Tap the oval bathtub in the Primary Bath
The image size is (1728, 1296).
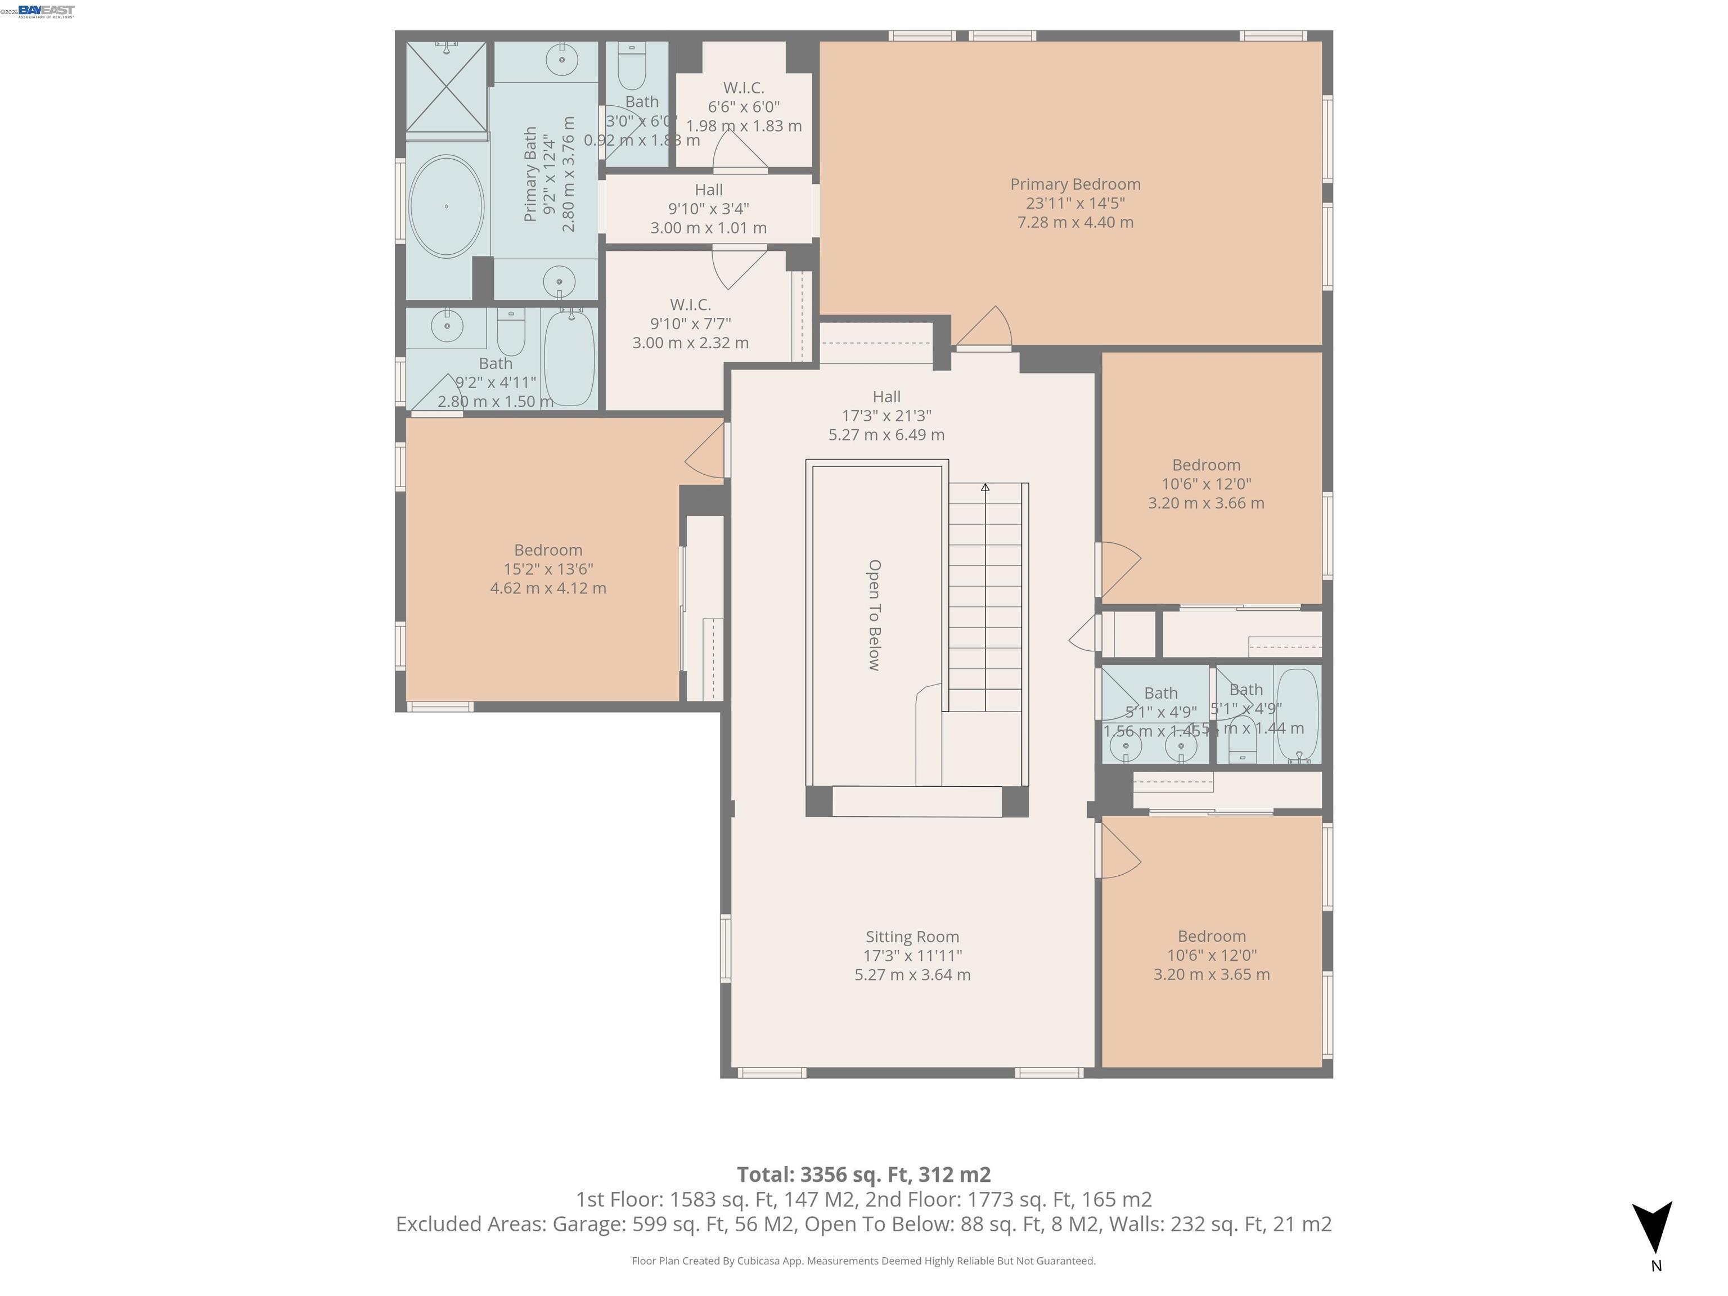(446, 206)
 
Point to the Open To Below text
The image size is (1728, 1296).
(875, 615)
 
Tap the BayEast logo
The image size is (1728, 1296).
(46, 11)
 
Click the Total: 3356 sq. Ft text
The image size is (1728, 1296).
(863, 1174)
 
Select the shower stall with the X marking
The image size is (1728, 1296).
(446, 87)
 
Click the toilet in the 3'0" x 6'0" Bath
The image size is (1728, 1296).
(632, 67)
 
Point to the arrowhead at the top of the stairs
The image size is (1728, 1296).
(985, 488)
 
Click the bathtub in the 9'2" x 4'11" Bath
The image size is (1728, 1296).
(569, 358)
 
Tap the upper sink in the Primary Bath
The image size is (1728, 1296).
(561, 58)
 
